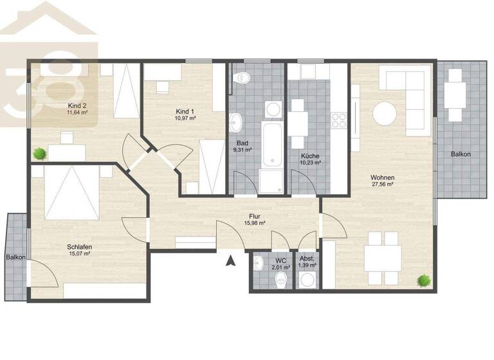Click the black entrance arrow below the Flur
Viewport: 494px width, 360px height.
pos(229,260)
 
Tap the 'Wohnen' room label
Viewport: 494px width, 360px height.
pos(382,177)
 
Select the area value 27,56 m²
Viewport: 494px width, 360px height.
pos(382,184)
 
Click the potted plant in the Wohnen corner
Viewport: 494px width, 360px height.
pos(423,280)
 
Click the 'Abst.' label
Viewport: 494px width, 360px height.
pos(307,260)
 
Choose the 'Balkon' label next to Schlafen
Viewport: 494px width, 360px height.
pos(15,257)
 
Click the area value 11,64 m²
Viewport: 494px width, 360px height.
pos(77,113)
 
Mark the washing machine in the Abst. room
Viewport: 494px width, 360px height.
pos(308,280)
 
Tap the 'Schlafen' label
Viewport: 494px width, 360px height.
pos(78,246)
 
